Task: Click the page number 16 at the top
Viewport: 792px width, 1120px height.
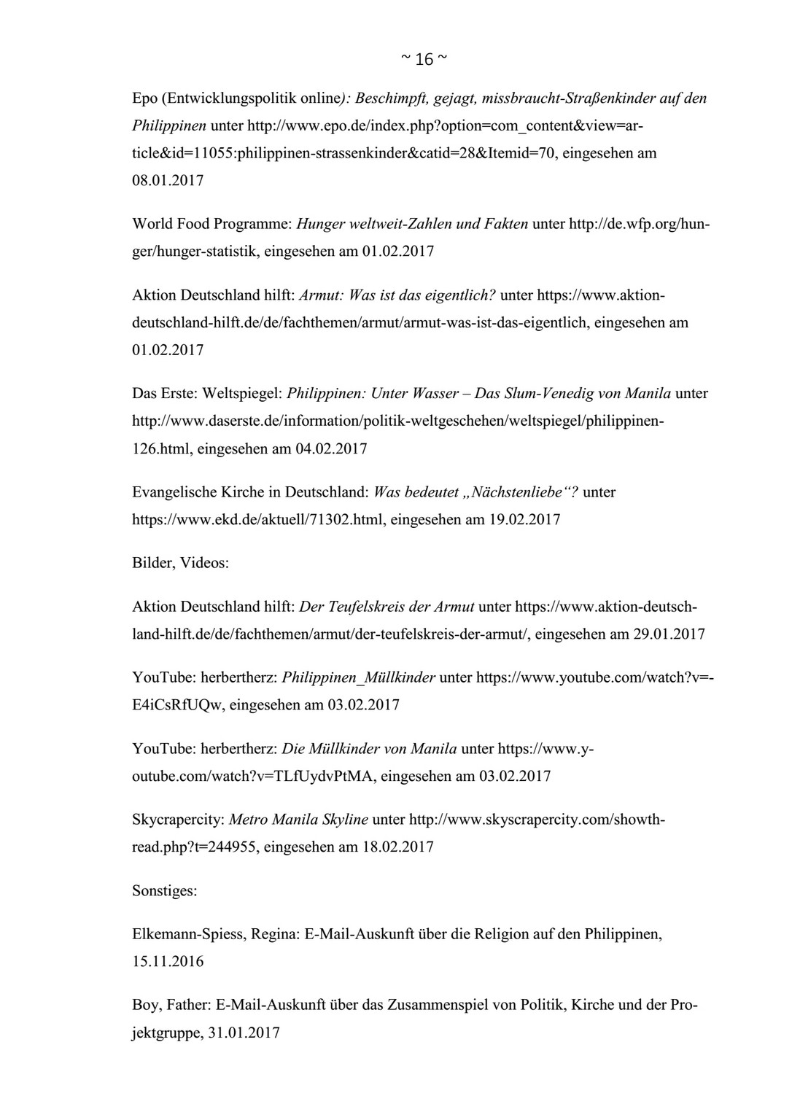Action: (424, 59)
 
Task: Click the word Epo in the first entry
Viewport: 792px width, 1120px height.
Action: (144, 98)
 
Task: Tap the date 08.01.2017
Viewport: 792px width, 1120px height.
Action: (168, 180)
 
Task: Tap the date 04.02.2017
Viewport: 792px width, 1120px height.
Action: (331, 448)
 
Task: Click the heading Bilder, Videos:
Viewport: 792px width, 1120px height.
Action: (180, 563)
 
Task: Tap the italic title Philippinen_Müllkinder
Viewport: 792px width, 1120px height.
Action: (358, 677)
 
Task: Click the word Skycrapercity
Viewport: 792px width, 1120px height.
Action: (177, 820)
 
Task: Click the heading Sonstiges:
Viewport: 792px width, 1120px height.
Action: (164, 890)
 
